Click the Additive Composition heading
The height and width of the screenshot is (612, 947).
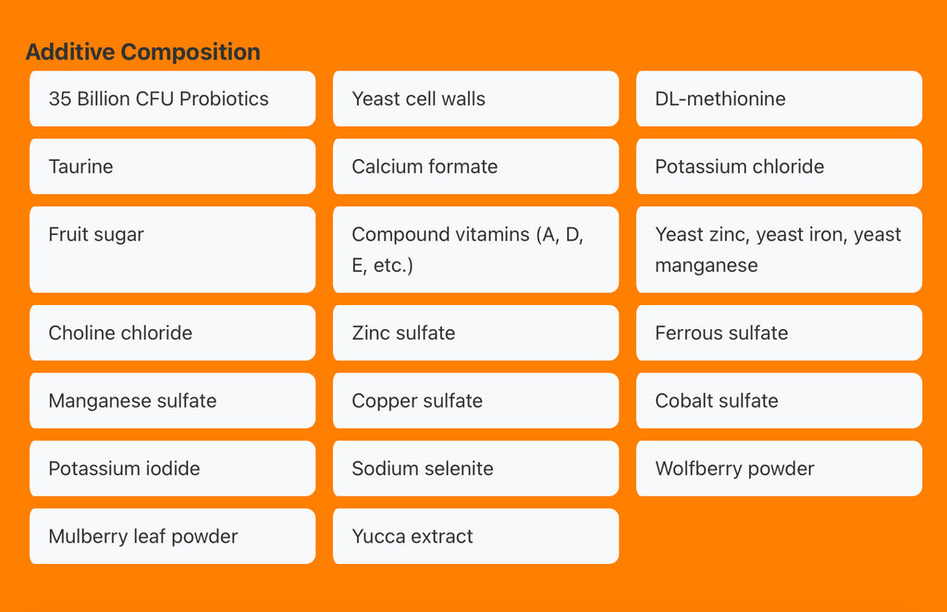(142, 52)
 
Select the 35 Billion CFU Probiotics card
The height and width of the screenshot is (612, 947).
(173, 98)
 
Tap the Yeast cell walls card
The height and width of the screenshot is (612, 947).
(476, 98)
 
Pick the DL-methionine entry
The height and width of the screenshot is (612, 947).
(779, 98)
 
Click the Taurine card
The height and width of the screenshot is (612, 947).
(173, 166)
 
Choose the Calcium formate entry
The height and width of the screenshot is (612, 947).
(476, 166)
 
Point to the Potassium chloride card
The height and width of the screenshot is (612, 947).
(779, 166)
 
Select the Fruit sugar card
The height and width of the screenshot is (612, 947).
(173, 250)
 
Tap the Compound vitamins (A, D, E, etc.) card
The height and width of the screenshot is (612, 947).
(476, 250)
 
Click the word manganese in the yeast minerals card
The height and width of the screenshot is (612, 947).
(706, 265)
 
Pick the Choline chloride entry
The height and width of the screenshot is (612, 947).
(173, 333)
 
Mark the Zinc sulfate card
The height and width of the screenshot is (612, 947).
(476, 333)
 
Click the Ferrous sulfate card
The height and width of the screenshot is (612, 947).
(779, 333)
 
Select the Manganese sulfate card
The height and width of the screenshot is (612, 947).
(173, 400)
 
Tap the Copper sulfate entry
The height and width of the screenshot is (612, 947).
(476, 400)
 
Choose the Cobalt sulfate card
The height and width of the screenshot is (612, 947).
(779, 400)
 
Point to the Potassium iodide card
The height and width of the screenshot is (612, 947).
(173, 469)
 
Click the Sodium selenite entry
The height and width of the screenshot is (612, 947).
(476, 469)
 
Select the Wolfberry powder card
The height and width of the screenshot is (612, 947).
(779, 469)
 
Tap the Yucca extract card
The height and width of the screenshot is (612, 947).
(476, 536)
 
